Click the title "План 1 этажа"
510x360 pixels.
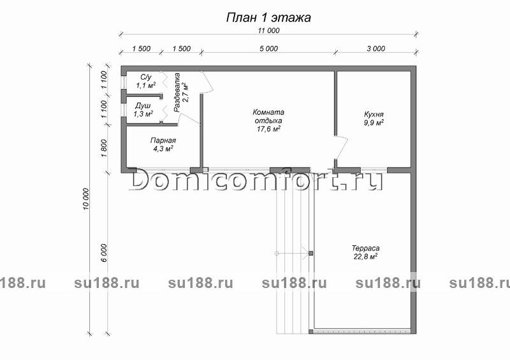tap(268, 18)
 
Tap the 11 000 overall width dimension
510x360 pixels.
tap(268, 31)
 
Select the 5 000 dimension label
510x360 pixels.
tap(268, 49)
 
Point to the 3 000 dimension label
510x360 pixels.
tap(376, 49)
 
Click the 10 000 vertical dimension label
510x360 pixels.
tap(86, 199)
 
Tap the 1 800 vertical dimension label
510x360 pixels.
tap(104, 148)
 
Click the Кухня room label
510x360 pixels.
tap(374, 115)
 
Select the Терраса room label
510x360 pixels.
tap(365, 248)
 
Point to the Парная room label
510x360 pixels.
tap(163, 140)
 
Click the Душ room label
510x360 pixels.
tap(143, 106)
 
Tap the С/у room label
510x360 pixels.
tap(146, 77)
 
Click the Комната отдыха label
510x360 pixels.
tap(268, 117)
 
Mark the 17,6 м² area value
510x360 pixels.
tap(268, 129)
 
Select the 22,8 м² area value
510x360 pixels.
tap(365, 257)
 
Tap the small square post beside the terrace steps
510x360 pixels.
tap(310, 253)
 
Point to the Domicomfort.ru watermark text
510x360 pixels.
tap(256, 180)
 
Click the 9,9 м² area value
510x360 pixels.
tap(374, 122)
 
